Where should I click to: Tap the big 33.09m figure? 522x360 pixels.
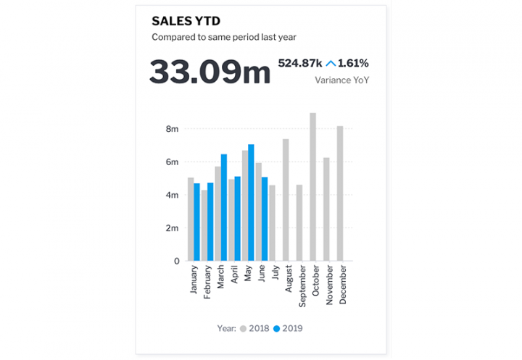210,71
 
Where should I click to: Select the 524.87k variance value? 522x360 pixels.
299,63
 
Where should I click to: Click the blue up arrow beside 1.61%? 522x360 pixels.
331,63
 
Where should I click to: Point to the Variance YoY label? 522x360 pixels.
341,80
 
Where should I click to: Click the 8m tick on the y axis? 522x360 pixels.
173,129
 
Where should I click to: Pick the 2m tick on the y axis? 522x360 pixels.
173,228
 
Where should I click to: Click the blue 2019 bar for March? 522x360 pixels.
224,207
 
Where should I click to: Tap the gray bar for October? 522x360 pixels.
312,187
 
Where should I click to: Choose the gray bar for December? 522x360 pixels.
340,193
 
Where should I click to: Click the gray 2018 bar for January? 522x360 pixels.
191,219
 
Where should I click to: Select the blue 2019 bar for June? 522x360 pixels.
265,219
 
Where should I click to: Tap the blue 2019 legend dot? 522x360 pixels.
276,328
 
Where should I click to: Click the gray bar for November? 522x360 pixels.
326,209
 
